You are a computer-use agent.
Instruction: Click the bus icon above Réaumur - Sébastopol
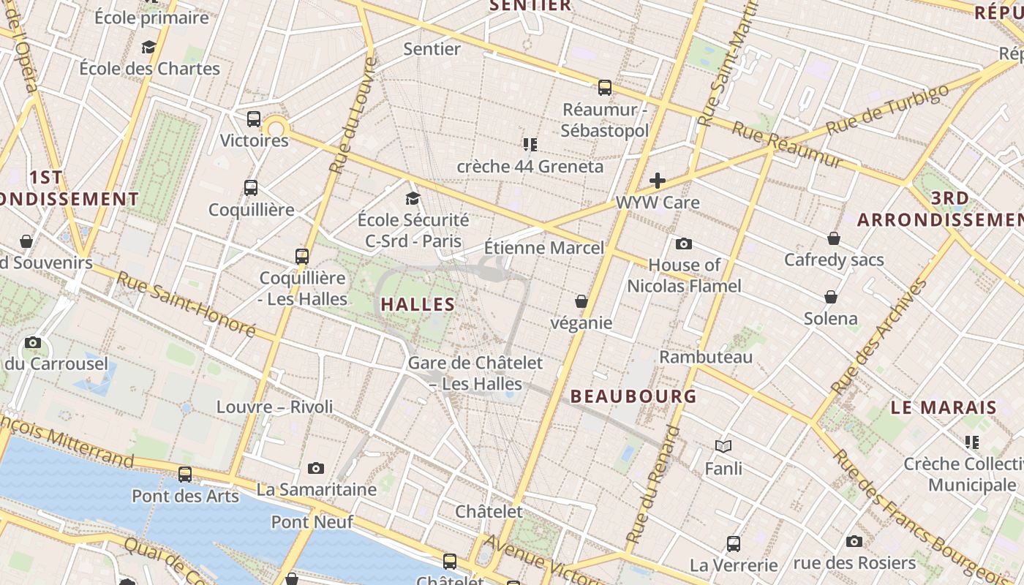pyautogui.click(x=605, y=88)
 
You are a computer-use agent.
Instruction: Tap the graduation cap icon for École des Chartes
pyautogui.click(x=149, y=48)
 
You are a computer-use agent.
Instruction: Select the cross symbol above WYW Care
pyautogui.click(x=658, y=181)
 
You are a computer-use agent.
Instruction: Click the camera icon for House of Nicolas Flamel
pyautogui.click(x=684, y=244)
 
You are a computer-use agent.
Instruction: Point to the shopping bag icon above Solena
pyautogui.click(x=831, y=297)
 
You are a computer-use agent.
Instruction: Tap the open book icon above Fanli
pyautogui.click(x=723, y=446)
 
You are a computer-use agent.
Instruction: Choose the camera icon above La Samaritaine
pyautogui.click(x=316, y=468)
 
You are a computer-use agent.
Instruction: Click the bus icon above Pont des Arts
pyautogui.click(x=185, y=475)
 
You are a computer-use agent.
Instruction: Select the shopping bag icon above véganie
pyautogui.click(x=581, y=301)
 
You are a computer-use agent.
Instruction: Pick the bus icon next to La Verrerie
pyautogui.click(x=734, y=544)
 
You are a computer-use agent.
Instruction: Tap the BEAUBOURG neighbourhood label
pyautogui.click(x=633, y=396)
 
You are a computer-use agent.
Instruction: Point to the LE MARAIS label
pyautogui.click(x=944, y=407)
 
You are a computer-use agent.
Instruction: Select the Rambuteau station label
pyautogui.click(x=706, y=357)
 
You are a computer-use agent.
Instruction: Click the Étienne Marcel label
pyautogui.click(x=545, y=248)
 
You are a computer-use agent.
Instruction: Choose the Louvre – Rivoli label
pyautogui.click(x=275, y=407)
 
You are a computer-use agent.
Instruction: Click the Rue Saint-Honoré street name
pyautogui.click(x=186, y=304)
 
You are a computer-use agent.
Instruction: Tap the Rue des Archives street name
pyautogui.click(x=878, y=336)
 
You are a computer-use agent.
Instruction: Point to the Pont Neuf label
pyautogui.click(x=312, y=522)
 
